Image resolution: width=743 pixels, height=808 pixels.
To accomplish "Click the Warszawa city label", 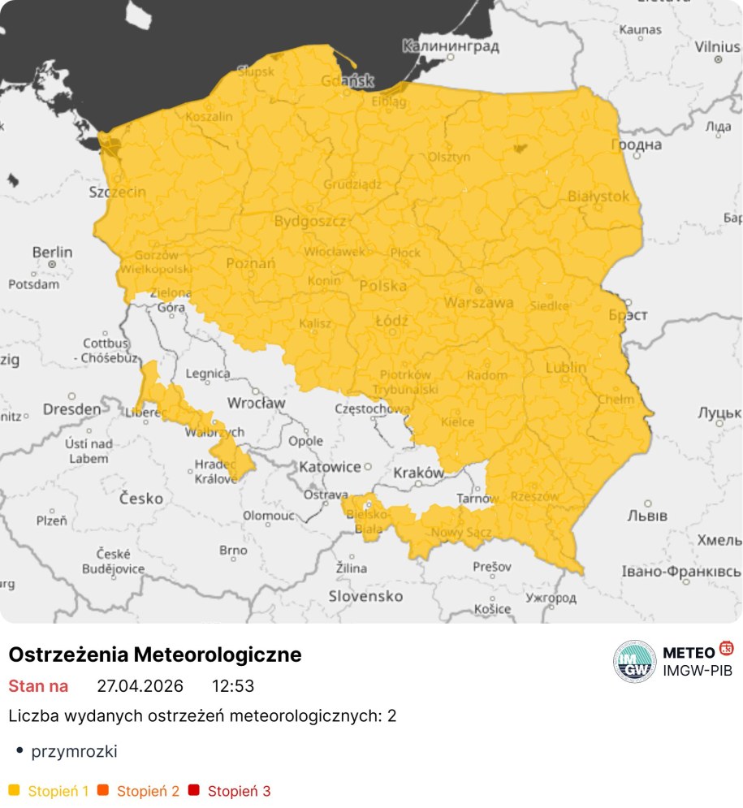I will [x=478, y=303].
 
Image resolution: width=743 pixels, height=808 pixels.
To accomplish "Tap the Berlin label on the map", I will [x=52, y=253].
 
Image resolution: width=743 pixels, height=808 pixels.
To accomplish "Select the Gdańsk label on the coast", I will [x=347, y=80].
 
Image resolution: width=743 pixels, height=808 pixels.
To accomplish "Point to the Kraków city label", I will [x=418, y=473].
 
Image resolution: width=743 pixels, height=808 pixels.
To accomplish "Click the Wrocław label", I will [x=256, y=403].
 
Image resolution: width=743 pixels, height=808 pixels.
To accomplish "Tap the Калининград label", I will [x=451, y=46].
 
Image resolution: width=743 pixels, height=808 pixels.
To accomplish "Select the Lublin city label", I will [x=566, y=367].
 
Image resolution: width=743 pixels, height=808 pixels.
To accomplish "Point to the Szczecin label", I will [x=118, y=192].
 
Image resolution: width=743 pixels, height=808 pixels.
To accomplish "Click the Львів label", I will [x=647, y=516].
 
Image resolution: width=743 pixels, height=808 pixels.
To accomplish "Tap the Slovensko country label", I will [x=365, y=596].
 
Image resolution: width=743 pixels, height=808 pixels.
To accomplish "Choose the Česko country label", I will [x=141, y=498].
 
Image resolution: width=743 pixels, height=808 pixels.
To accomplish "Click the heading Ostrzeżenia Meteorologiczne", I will [x=154, y=655].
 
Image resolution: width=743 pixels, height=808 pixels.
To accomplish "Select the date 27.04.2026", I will [x=140, y=686].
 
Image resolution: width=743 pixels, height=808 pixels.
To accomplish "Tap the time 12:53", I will [x=233, y=686].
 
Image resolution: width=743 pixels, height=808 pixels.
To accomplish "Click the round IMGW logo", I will [x=634, y=661].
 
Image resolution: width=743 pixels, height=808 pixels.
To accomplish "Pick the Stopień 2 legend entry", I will [x=147, y=790].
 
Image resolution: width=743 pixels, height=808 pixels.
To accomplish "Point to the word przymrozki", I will [x=74, y=751].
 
